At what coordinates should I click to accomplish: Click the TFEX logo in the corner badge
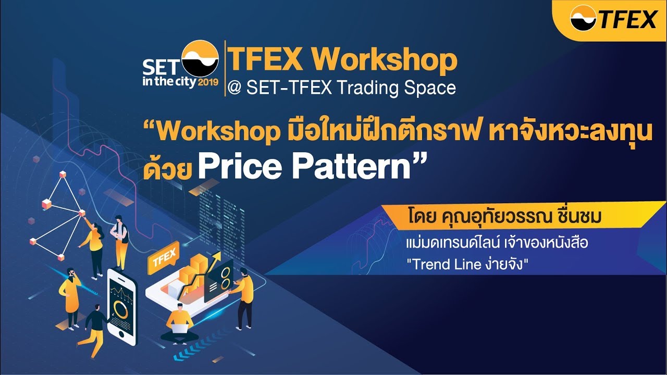tap(613, 19)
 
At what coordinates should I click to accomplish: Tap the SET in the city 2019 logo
tap(180, 65)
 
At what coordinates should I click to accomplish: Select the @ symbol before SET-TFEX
tap(235, 87)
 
